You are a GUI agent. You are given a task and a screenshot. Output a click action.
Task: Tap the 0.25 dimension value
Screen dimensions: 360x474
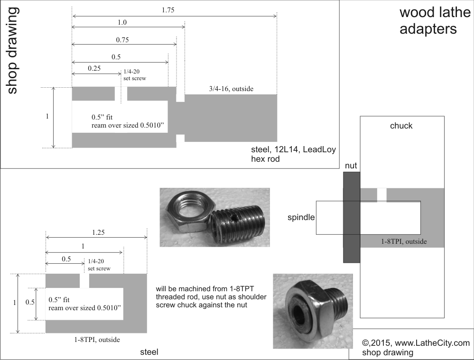point(94,68)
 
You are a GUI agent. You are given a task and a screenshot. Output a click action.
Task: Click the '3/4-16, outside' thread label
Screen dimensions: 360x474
point(231,89)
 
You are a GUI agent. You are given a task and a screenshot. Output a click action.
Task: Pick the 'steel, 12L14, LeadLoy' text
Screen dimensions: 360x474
point(293,150)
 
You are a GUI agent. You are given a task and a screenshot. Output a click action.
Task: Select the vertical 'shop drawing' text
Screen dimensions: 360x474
point(12,50)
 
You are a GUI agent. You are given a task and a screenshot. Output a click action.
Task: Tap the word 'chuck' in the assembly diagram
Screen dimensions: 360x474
point(401,126)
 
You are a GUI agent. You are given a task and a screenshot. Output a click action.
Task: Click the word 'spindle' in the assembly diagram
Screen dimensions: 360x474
point(301,218)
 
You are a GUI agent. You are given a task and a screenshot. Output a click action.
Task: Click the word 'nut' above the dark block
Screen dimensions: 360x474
point(351,166)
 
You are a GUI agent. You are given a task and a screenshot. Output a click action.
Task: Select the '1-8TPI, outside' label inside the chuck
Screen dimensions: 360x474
point(403,241)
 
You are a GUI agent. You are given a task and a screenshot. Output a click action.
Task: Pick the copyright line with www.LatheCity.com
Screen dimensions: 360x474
point(416,343)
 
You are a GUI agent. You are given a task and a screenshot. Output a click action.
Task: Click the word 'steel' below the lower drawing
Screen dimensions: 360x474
point(149,352)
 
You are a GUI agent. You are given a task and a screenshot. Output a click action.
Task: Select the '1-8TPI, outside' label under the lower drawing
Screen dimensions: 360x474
point(97,340)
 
